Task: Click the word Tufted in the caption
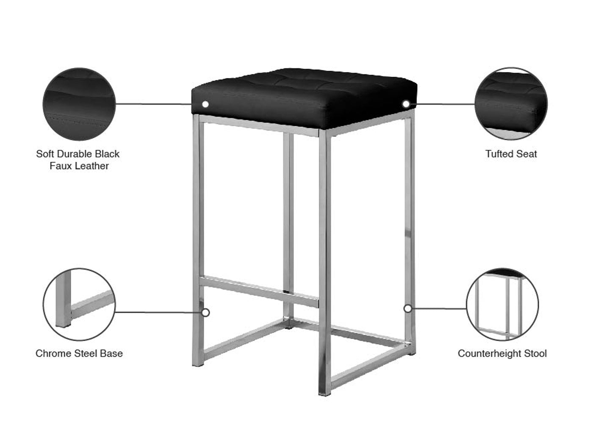click(x=499, y=154)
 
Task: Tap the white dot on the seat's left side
click(x=205, y=104)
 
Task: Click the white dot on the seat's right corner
click(x=406, y=104)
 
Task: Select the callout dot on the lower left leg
click(x=205, y=313)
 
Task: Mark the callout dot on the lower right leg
click(x=407, y=308)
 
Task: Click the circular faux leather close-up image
click(x=79, y=104)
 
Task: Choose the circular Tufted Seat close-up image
click(x=511, y=103)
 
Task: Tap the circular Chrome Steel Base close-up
click(x=79, y=304)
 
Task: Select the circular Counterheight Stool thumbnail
click(x=502, y=304)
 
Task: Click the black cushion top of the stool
click(x=305, y=97)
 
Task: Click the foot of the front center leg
click(x=324, y=393)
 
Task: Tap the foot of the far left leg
click(x=198, y=364)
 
